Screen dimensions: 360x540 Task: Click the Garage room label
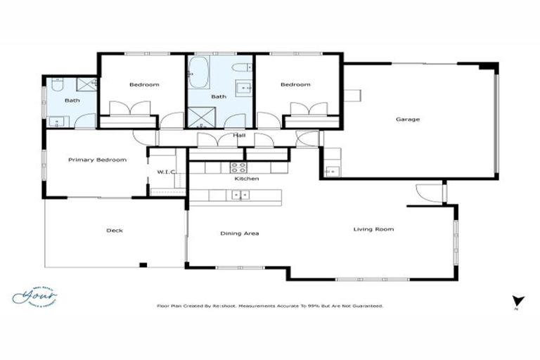tap(407, 120)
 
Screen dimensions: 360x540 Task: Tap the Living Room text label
tap(373, 229)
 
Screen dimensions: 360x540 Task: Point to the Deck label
tap(115, 231)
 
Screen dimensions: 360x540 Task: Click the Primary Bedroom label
tap(97, 160)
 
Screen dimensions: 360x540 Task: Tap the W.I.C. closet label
tap(166, 172)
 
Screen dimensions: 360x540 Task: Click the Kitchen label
tap(247, 179)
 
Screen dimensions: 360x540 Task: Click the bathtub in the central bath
tap(196, 72)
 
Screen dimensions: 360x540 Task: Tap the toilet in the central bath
tap(240, 68)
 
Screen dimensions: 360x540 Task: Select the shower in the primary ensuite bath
tap(86, 85)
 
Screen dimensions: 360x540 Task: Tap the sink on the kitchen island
tap(241, 195)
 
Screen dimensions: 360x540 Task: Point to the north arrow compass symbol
tap(518, 300)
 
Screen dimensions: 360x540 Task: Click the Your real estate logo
tap(35, 296)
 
